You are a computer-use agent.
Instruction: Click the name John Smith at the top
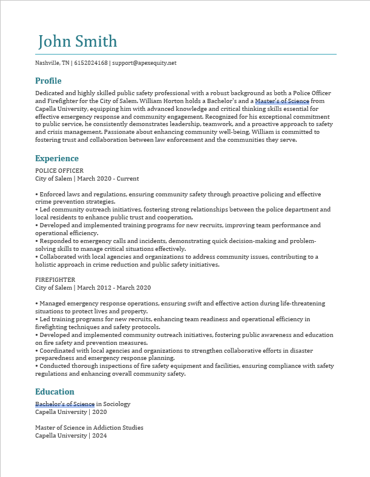78,42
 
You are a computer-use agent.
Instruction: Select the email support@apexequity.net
144,63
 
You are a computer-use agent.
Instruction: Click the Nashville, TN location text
52,63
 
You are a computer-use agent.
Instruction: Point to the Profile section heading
49,81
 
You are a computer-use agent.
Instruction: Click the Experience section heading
57,159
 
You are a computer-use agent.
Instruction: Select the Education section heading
55,392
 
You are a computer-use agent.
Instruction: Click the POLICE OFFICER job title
59,171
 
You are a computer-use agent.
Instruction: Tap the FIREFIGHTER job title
55,280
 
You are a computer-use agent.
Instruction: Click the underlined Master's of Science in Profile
282,101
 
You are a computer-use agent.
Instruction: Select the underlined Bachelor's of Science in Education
65,404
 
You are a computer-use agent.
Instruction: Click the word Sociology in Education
116,404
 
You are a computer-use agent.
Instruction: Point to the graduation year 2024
99,435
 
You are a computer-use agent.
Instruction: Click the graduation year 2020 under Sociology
99,412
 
